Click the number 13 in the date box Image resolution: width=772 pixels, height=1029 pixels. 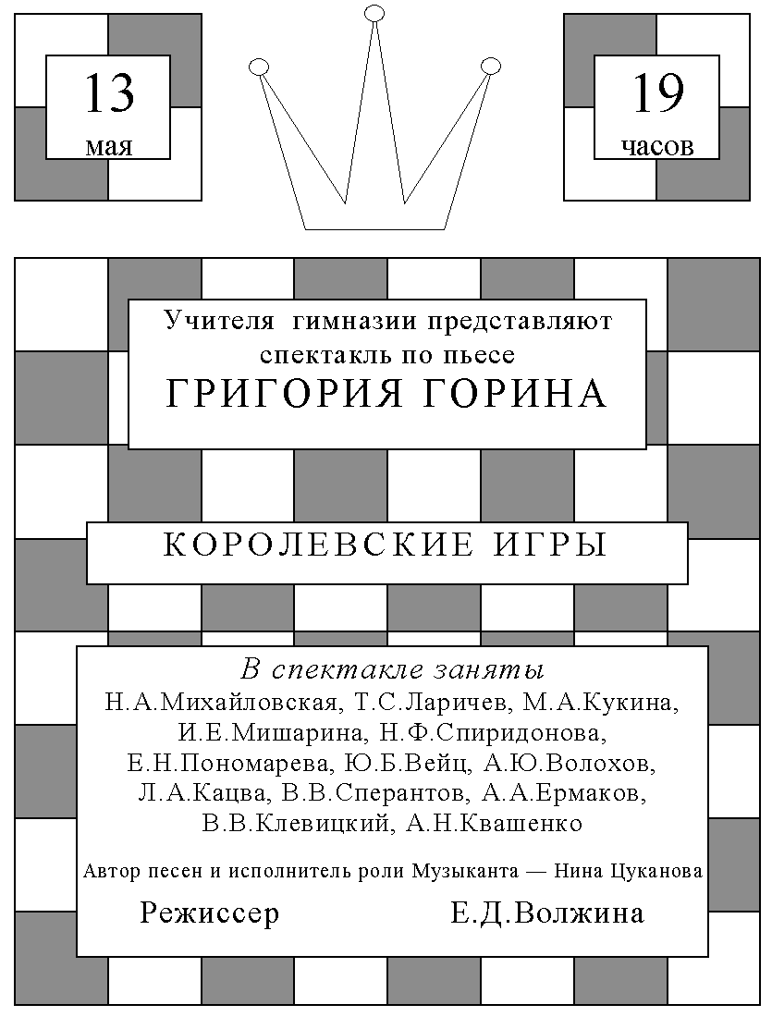[x=109, y=93]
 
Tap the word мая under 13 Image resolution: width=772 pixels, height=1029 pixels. [x=109, y=146]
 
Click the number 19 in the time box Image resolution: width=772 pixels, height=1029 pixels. [x=657, y=93]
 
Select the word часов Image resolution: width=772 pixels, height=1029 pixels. [x=657, y=146]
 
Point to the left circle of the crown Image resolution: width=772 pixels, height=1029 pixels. [x=259, y=67]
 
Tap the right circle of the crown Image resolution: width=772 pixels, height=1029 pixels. [x=490, y=66]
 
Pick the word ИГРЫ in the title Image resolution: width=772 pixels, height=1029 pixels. [x=550, y=545]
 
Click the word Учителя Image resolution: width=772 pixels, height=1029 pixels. [x=219, y=320]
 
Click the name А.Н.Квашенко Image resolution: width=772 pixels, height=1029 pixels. [x=495, y=823]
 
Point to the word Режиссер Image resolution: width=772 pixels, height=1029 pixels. [x=210, y=913]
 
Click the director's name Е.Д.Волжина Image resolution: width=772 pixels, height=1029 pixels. [x=547, y=913]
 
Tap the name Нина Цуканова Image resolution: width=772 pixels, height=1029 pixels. [x=629, y=872]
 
